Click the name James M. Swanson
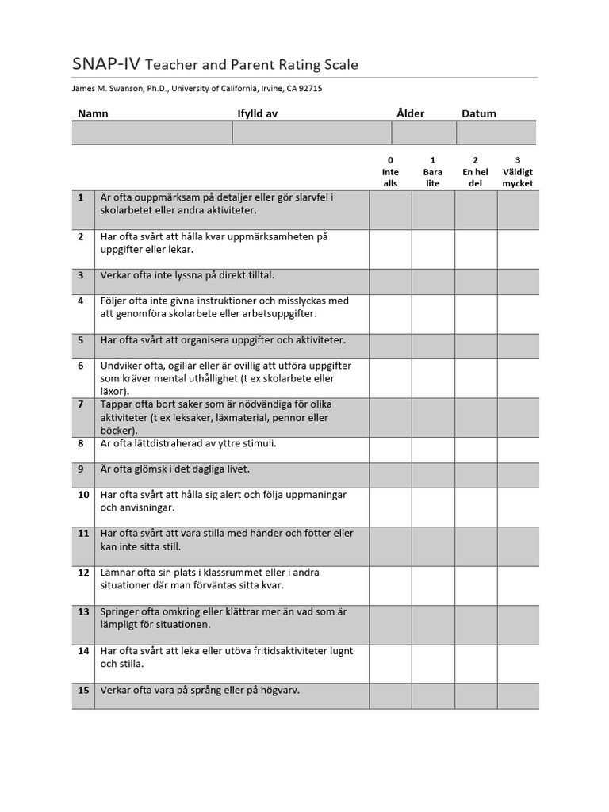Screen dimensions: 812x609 (109, 89)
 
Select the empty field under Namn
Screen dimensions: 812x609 (151, 133)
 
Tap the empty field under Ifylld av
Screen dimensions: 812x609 (312, 133)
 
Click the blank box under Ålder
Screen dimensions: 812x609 (423, 133)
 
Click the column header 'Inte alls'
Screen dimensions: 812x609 (390, 172)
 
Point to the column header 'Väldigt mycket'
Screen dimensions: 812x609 (518, 172)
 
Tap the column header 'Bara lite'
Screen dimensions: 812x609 (433, 172)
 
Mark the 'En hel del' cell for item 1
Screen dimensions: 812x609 (476, 210)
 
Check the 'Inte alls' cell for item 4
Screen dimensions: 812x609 (390, 313)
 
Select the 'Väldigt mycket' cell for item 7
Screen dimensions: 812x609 (518, 417)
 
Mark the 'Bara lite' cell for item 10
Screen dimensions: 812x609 (433, 507)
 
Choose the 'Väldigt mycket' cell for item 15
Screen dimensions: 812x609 (518, 695)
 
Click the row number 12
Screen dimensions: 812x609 (83, 573)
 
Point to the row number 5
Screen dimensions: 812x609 (81, 340)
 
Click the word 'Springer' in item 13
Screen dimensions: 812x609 (120, 611)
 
